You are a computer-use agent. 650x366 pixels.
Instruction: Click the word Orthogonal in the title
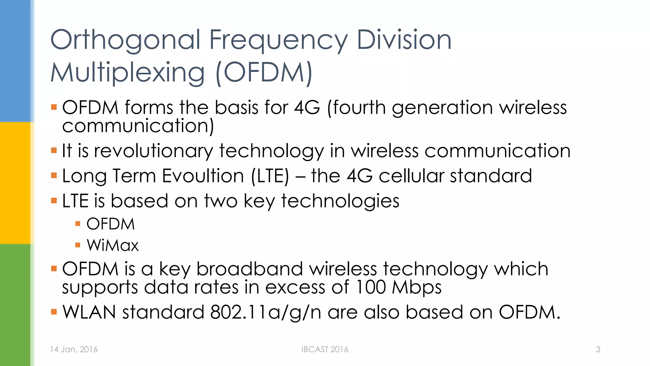[x=125, y=40]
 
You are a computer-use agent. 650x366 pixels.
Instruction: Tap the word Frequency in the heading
[x=278, y=40]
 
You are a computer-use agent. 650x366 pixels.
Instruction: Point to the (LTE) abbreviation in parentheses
[x=270, y=176]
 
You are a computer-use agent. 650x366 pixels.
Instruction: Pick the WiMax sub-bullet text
[x=113, y=245]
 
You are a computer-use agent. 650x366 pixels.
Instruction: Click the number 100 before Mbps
[x=370, y=287]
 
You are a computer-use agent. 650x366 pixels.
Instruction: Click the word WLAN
[x=89, y=312]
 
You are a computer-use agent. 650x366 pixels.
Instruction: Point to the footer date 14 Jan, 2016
[x=74, y=349]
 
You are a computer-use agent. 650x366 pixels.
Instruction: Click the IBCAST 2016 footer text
[x=325, y=349]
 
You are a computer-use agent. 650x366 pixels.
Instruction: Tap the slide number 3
[x=598, y=349]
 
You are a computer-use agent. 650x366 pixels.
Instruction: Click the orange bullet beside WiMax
[x=78, y=245]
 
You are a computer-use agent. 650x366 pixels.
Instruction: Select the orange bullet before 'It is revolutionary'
[x=54, y=150]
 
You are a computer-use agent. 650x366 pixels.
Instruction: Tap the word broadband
[x=249, y=269]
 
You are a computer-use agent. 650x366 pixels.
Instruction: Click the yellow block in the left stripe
[x=15, y=183]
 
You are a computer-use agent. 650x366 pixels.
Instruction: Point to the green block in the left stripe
[x=15, y=305]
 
